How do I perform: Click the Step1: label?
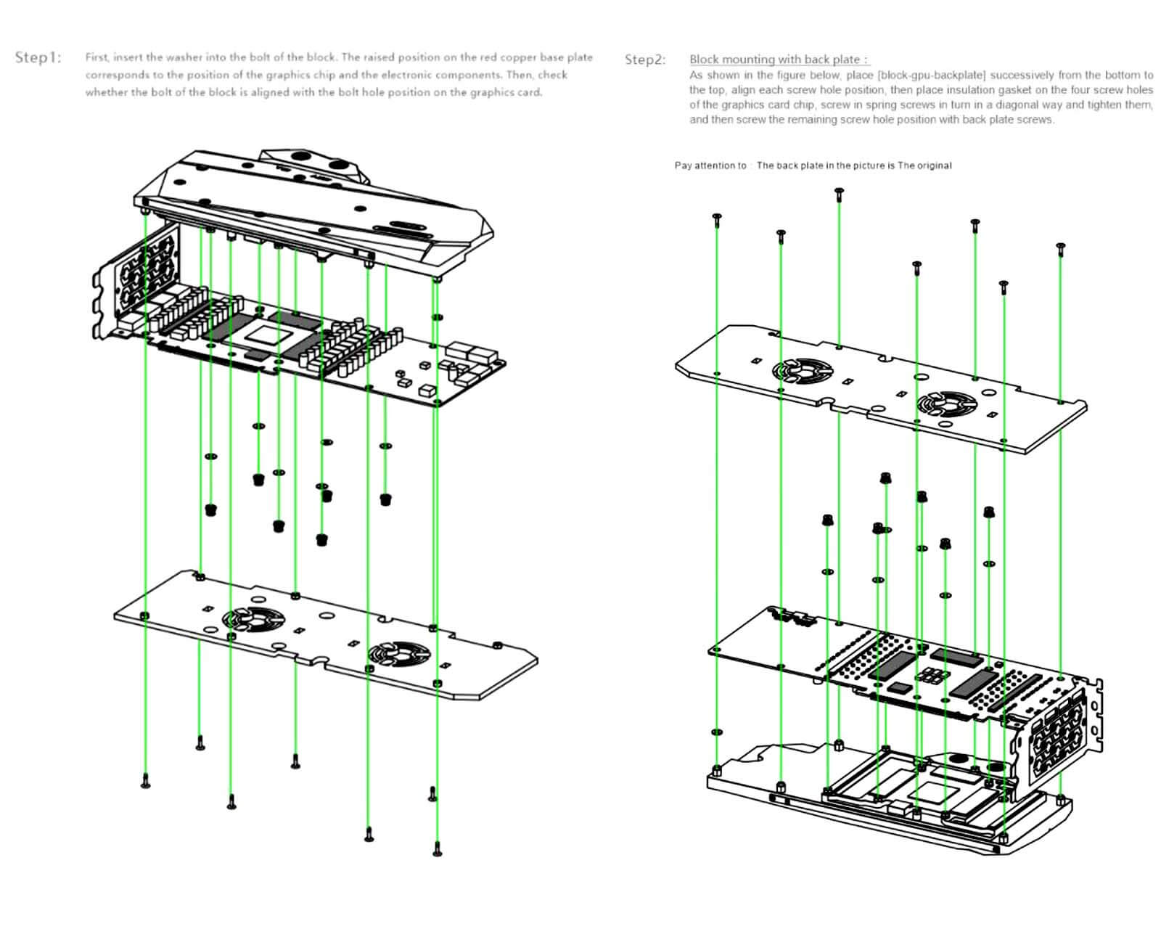click(x=38, y=57)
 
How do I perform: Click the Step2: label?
click(x=644, y=60)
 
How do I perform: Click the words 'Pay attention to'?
click(x=710, y=165)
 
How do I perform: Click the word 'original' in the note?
click(x=934, y=165)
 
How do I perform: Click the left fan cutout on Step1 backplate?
click(x=253, y=618)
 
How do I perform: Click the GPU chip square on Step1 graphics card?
click(x=266, y=336)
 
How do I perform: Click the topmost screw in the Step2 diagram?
click(x=839, y=193)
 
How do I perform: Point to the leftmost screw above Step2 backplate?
click(x=717, y=218)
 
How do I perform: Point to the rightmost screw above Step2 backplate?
click(x=1060, y=249)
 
